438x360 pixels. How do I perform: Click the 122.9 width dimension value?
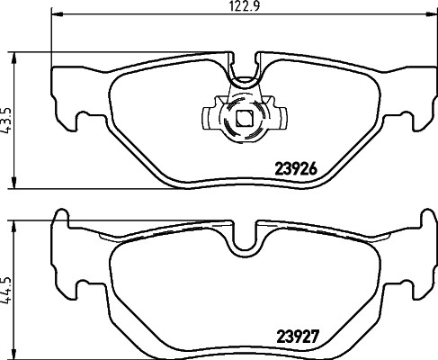(x=244, y=6)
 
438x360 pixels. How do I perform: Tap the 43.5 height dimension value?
(x=8, y=121)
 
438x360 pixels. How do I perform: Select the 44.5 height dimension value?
(x=8, y=289)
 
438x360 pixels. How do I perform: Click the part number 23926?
(x=296, y=170)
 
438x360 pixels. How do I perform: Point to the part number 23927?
(x=297, y=337)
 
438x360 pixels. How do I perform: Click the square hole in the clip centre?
(x=244, y=119)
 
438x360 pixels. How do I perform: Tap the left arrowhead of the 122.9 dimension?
(x=58, y=13)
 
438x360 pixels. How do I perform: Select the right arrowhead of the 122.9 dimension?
(x=430, y=13)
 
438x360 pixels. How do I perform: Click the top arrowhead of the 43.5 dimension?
(x=13, y=58)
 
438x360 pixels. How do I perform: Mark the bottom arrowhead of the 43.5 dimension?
(x=13, y=183)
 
